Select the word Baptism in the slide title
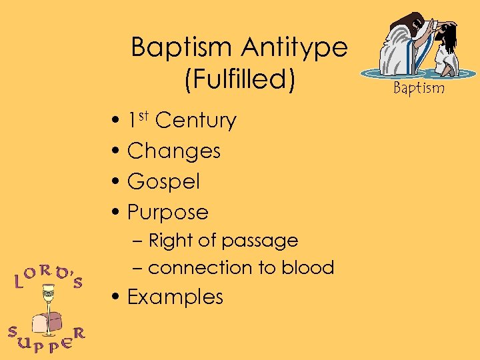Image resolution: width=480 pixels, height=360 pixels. (178, 48)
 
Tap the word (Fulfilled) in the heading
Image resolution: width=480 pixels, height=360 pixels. (239, 79)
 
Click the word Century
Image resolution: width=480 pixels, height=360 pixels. (195, 121)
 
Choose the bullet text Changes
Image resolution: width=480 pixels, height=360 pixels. (173, 151)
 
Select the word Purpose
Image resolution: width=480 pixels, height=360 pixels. (167, 213)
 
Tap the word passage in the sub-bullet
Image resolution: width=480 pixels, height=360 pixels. (264, 240)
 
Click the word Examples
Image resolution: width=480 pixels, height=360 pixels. (175, 297)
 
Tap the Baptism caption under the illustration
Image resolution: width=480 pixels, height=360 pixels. (418, 87)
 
